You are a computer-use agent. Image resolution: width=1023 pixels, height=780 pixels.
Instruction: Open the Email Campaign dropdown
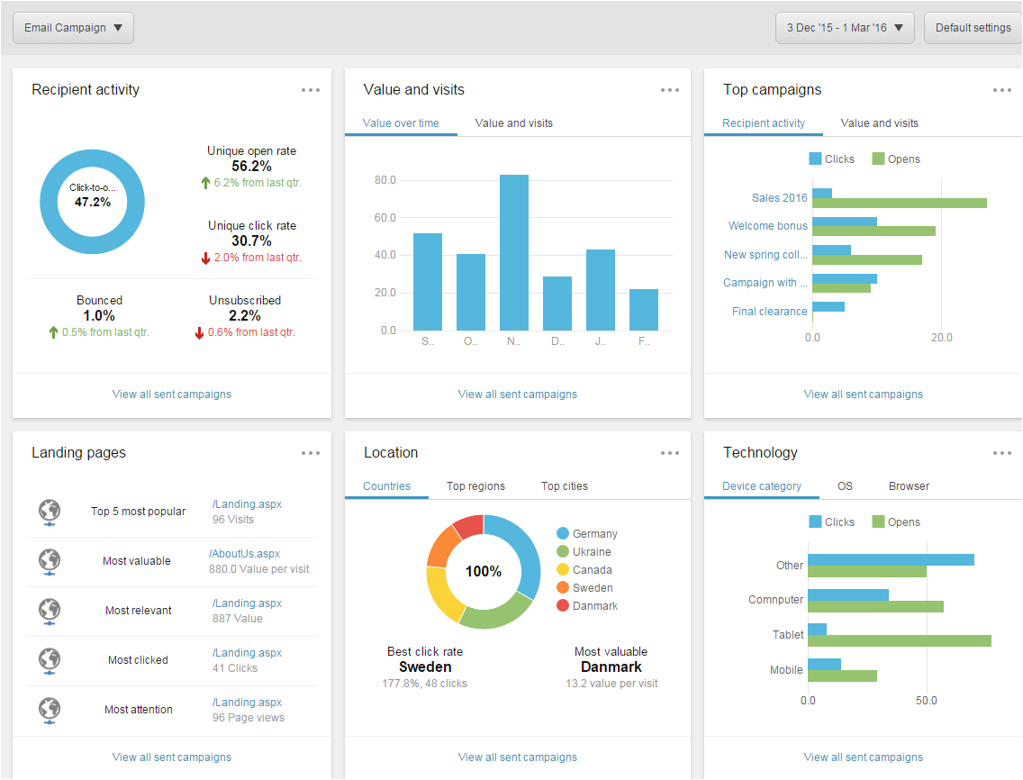tap(73, 28)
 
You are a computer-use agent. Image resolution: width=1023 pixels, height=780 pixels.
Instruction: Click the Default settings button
tap(973, 28)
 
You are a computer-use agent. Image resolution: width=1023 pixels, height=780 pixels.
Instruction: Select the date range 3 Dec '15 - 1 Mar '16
tap(845, 28)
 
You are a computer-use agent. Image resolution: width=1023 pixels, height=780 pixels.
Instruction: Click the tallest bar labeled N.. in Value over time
tap(514, 252)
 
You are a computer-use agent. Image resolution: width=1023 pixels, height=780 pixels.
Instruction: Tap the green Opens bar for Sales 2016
tap(899, 203)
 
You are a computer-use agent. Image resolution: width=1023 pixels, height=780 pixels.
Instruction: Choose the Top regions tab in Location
tap(475, 486)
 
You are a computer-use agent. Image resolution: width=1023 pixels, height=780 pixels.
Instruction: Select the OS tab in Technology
tap(845, 486)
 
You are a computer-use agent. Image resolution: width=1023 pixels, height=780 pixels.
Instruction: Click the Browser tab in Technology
tap(909, 486)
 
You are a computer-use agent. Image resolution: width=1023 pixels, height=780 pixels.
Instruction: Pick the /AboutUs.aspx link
tap(244, 554)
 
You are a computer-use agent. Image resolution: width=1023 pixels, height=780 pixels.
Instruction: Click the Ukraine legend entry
tap(591, 551)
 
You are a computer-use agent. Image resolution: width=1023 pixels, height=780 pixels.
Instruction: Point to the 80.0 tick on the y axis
tap(385, 180)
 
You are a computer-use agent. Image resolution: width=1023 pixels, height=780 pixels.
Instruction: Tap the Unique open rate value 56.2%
tap(251, 167)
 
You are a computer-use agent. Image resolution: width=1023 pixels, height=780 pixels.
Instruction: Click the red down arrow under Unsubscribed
tap(200, 332)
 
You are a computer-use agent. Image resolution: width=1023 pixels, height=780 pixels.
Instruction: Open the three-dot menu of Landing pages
tap(311, 453)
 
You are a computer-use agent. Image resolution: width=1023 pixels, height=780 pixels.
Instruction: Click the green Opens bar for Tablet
tap(899, 640)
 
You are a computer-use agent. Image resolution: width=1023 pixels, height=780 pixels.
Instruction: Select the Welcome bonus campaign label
tap(768, 226)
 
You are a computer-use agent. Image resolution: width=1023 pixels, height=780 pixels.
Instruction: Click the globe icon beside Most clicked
tap(50, 660)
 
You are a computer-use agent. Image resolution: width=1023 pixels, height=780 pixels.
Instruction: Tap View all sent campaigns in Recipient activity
tap(171, 395)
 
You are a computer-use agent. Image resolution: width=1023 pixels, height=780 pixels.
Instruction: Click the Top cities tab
tap(564, 486)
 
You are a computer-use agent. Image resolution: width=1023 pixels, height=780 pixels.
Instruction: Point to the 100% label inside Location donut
tap(483, 572)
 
